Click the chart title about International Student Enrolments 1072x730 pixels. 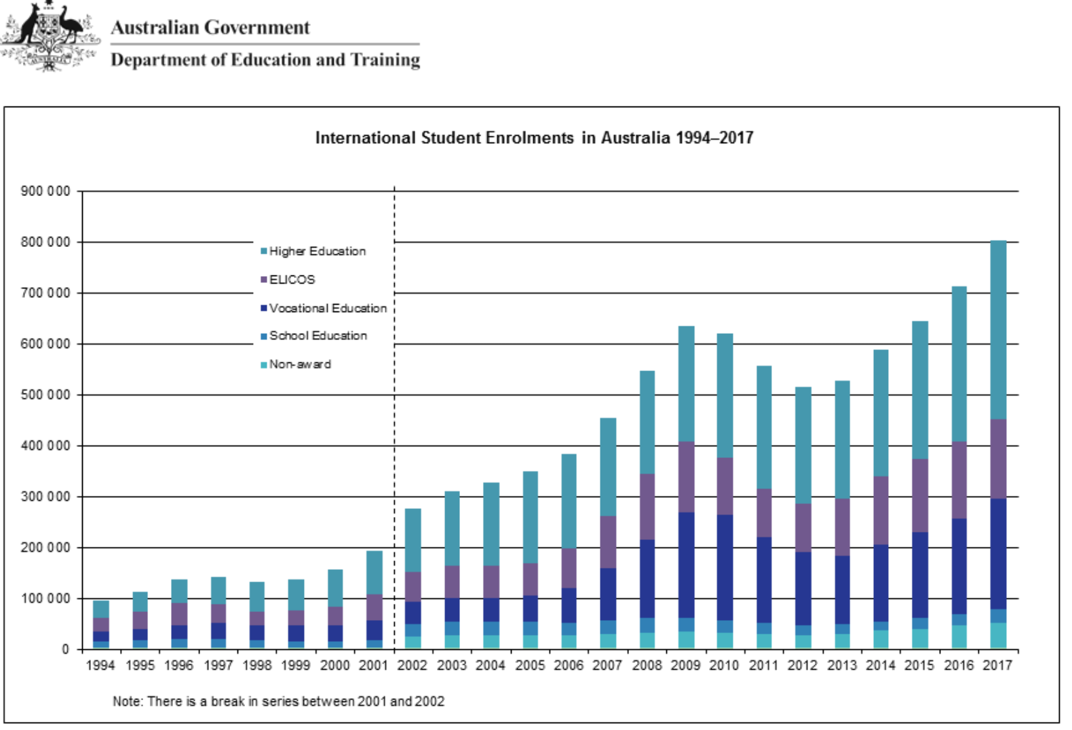(534, 138)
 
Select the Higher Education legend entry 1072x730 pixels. (317, 251)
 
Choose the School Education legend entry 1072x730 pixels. (318, 336)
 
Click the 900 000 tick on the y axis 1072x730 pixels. (45, 191)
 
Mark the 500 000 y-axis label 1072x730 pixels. (45, 395)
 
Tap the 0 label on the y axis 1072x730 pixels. (65, 650)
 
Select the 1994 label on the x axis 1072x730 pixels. (100, 666)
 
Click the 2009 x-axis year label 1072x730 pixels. (685, 666)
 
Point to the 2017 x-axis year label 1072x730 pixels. (997, 666)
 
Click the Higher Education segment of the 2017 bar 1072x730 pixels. (998, 330)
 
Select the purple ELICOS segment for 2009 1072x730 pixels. (686, 477)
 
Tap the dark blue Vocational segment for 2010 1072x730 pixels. (725, 567)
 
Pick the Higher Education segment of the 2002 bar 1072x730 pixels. (413, 540)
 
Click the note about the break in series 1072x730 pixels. (278, 702)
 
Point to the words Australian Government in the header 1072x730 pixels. (210, 27)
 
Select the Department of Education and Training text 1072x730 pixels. (265, 60)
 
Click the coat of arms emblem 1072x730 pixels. (50, 35)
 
